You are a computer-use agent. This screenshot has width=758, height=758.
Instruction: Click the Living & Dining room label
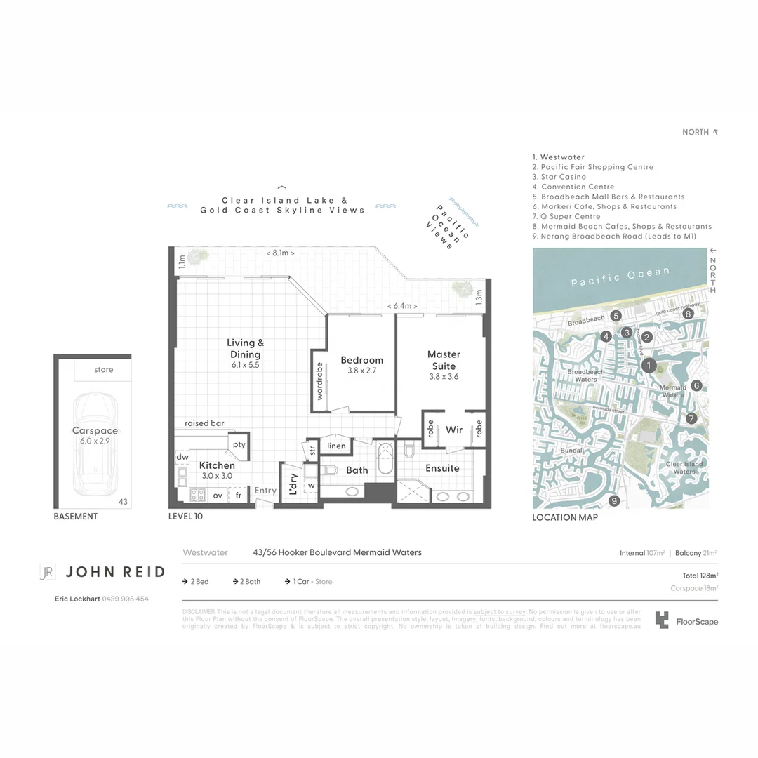tap(246, 348)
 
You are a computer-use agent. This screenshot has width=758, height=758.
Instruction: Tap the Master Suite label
tap(444, 360)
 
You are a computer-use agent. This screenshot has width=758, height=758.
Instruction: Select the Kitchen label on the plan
tap(217, 465)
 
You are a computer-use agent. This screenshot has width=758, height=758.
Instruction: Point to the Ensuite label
tap(442, 468)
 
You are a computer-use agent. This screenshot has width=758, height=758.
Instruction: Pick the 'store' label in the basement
tap(103, 369)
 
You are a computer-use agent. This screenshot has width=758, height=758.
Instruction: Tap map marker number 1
tap(650, 365)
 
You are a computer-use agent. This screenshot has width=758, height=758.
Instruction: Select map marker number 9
tap(614, 500)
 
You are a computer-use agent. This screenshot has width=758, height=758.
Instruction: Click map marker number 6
tap(696, 385)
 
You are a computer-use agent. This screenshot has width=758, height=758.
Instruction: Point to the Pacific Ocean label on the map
tap(620, 277)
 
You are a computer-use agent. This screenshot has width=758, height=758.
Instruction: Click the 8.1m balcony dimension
tap(282, 253)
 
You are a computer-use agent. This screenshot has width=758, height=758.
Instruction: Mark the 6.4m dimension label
tap(403, 307)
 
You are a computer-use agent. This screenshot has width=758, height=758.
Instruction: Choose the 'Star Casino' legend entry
tap(559, 177)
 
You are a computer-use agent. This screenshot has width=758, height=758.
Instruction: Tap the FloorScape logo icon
tap(662, 620)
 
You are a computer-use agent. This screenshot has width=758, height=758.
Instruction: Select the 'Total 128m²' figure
tap(695, 576)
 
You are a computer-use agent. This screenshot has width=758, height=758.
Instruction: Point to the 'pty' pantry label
tap(239, 444)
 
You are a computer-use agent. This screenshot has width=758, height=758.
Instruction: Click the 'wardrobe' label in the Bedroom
tap(319, 382)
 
